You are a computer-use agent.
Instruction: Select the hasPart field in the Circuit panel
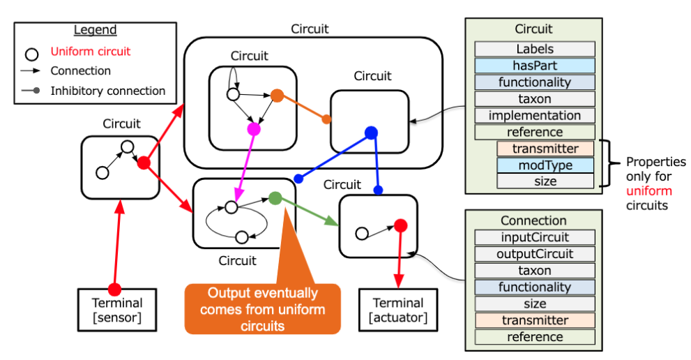535,66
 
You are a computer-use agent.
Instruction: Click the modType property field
545,165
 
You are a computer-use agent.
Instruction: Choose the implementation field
535,116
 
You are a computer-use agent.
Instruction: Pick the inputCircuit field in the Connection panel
535,237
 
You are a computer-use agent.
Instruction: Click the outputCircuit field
535,254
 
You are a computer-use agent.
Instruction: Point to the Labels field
535,49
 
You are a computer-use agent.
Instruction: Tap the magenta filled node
254,129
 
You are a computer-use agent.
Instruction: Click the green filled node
275,198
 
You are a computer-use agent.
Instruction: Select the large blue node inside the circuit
371,133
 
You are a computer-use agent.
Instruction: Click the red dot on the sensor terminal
115,289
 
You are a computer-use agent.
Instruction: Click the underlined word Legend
96,30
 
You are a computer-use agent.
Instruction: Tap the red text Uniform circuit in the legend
91,51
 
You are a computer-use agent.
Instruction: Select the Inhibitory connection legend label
108,91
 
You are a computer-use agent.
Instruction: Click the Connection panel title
535,220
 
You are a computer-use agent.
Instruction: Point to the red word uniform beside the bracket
649,190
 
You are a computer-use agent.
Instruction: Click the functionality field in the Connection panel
535,287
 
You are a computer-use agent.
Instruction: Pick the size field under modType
545,181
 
